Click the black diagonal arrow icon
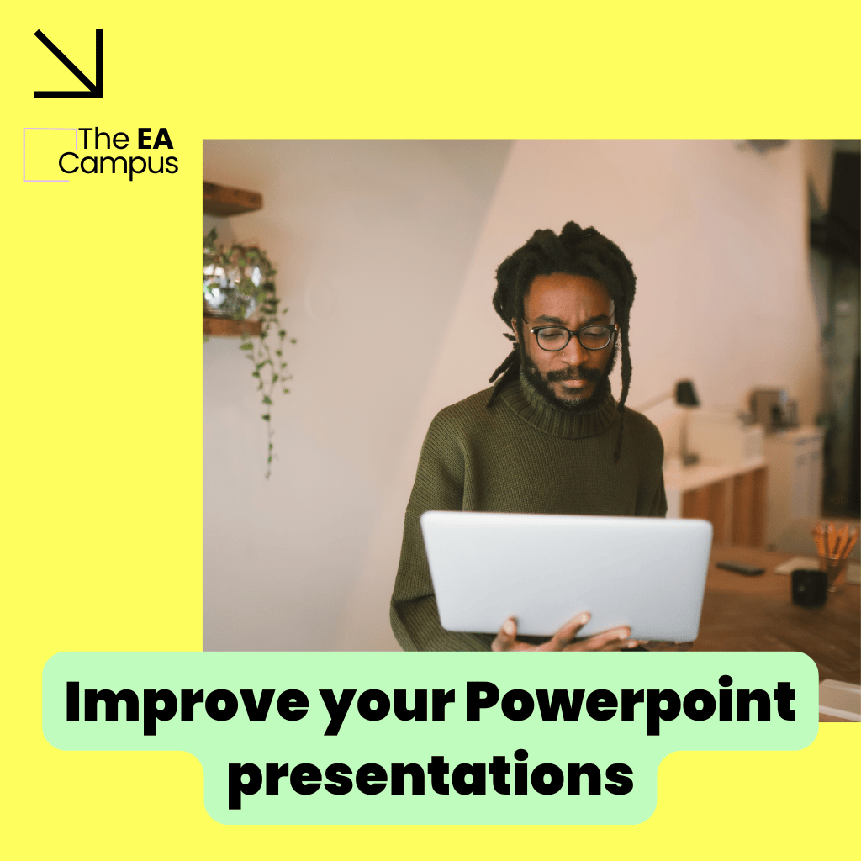(x=69, y=64)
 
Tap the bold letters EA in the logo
(x=156, y=139)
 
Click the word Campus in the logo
(x=118, y=165)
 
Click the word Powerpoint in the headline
(x=631, y=705)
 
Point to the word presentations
(x=431, y=779)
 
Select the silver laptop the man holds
(x=567, y=577)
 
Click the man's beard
(x=566, y=384)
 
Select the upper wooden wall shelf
(x=232, y=198)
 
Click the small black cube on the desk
(x=809, y=588)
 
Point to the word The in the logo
(x=104, y=139)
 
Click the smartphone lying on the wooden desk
(x=740, y=568)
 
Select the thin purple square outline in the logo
(x=24, y=155)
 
